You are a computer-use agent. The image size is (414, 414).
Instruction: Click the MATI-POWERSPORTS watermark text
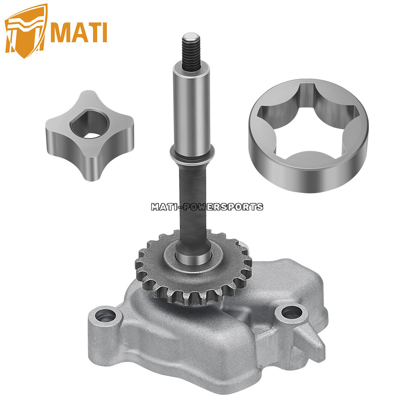pyautogui.click(x=207, y=207)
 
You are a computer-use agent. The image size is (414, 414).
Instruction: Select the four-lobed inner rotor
pyautogui.click(x=89, y=136)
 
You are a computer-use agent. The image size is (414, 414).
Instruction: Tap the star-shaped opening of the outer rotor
pyautogui.click(x=308, y=120)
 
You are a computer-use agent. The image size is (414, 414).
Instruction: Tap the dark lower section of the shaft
pyautogui.click(x=193, y=199)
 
